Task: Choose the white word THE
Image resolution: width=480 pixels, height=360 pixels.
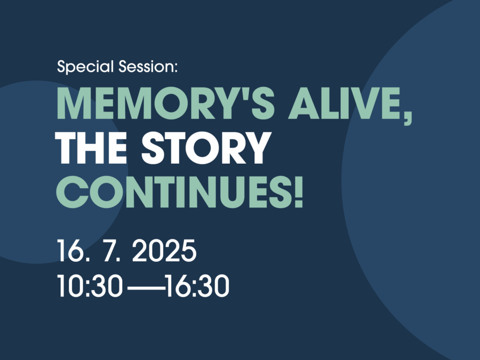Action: [x=91, y=148]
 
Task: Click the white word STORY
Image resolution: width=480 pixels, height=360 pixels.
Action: [x=206, y=148]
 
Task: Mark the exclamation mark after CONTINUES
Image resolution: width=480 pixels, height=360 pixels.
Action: [x=299, y=192]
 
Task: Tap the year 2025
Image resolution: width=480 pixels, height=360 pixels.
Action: [x=164, y=251]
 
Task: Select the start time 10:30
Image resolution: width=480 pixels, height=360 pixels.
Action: [x=90, y=286]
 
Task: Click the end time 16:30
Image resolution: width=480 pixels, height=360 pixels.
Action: [x=198, y=286]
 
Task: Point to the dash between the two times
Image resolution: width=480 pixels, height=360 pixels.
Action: [x=146, y=288]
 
